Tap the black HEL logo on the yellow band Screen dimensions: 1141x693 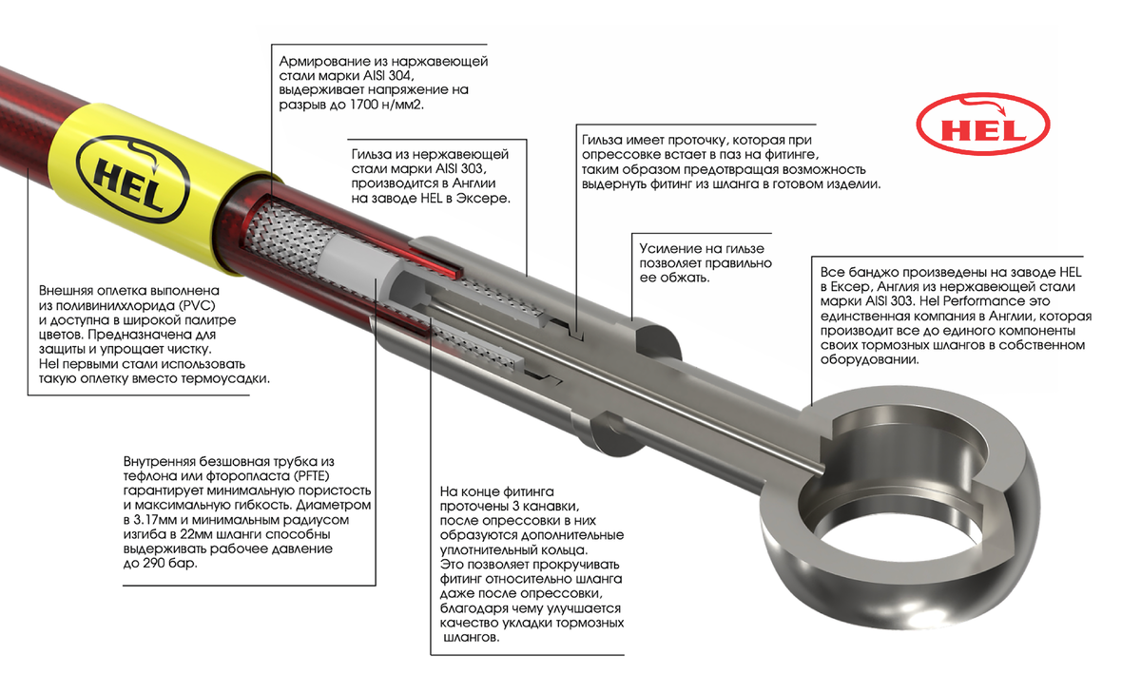[133, 180]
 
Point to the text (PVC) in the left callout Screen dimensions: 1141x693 [197, 305]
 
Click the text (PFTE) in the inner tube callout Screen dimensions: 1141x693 [311, 476]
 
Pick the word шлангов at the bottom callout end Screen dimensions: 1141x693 [471, 638]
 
